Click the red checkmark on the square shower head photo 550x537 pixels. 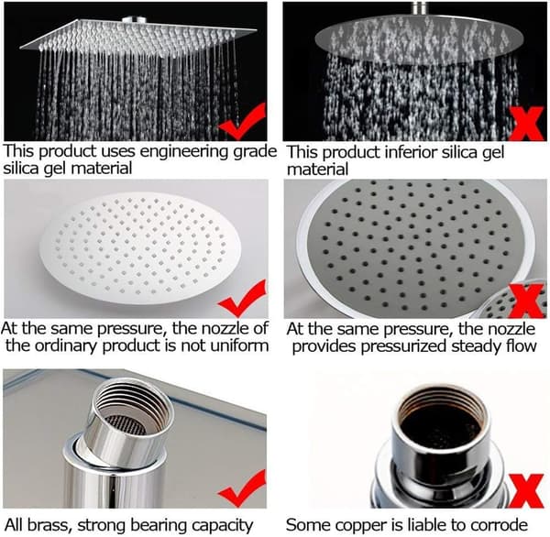(x=242, y=122)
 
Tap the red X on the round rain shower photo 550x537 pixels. (x=527, y=124)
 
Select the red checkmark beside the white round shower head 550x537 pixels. (x=242, y=299)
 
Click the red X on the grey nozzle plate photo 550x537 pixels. (x=527, y=301)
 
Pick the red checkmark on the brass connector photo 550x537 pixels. (x=242, y=488)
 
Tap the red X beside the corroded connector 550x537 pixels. (x=526, y=491)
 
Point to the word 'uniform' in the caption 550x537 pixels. (x=239, y=345)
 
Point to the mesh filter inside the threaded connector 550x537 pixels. (x=126, y=424)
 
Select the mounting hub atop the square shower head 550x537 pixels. (x=134, y=19)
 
